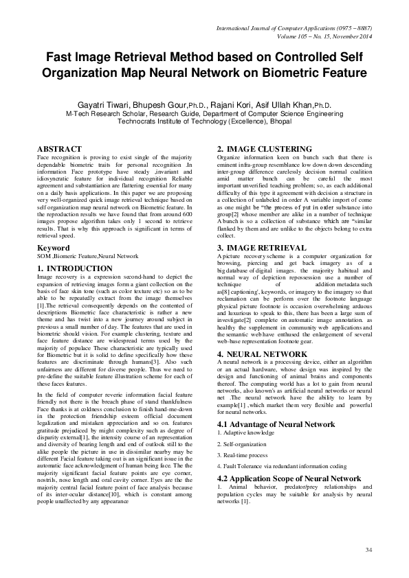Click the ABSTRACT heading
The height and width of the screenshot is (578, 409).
(x=59, y=149)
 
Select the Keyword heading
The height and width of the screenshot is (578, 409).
(x=53, y=246)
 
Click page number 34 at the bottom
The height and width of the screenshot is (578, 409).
(x=368, y=551)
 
